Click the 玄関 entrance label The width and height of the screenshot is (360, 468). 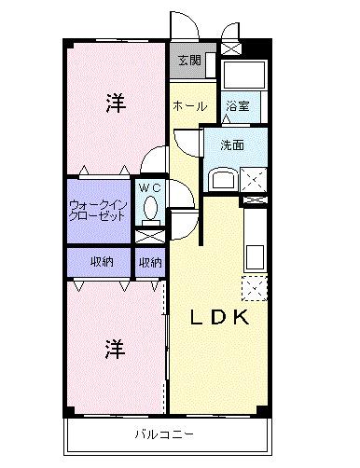point(187,62)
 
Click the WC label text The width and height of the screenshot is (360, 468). point(149,187)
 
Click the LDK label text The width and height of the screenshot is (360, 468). point(220,318)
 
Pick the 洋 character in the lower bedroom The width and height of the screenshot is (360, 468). point(114,350)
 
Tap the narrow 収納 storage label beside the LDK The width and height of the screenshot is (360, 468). point(149,262)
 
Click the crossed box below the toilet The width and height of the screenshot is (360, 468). point(149,235)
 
